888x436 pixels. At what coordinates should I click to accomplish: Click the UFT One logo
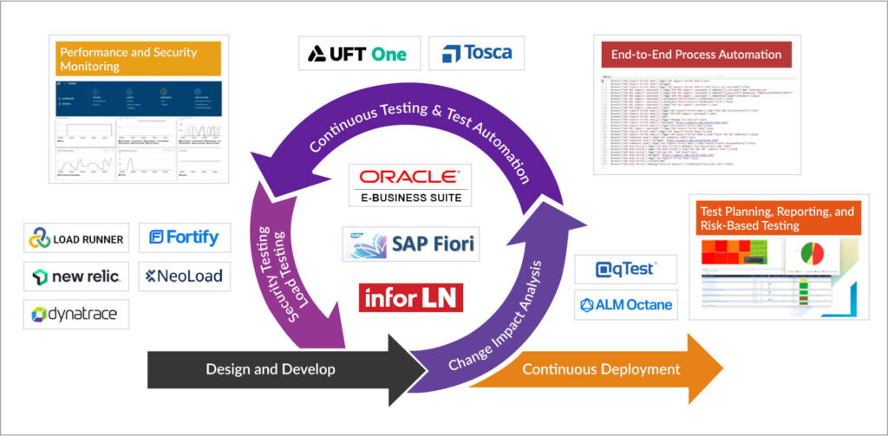[x=358, y=54]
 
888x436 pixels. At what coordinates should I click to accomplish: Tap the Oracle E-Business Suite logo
[x=411, y=185]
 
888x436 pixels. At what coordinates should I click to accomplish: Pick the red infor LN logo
[x=411, y=297]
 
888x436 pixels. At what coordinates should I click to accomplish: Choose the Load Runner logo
[x=76, y=238]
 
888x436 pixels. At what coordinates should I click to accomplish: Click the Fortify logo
[x=184, y=237]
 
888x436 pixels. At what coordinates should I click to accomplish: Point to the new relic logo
[x=76, y=277]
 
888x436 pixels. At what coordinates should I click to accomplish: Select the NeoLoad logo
[x=184, y=277]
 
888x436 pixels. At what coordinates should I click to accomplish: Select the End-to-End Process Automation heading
[x=696, y=55]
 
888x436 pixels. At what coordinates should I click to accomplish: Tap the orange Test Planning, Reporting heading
[x=777, y=218]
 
